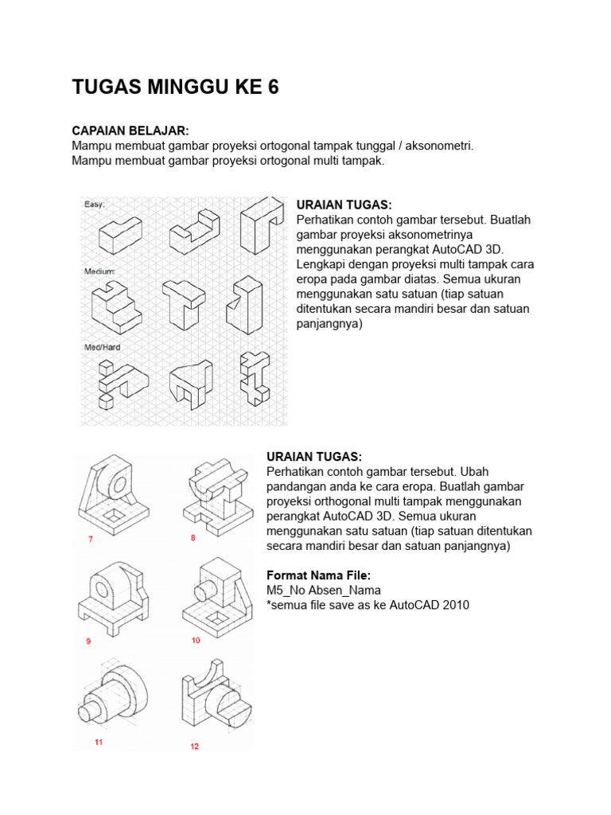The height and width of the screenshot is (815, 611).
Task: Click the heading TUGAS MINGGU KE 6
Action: [x=175, y=88]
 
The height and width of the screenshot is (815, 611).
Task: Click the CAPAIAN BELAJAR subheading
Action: [x=130, y=131]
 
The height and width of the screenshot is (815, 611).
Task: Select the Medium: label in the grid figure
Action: [x=100, y=271]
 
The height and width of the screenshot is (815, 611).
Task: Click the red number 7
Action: [x=91, y=540]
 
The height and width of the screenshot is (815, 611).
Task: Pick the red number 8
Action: [x=193, y=538]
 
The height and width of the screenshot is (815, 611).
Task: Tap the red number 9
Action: [x=88, y=641]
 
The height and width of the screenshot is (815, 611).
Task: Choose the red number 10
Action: [x=196, y=640]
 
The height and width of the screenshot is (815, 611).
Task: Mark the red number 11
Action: [x=99, y=742]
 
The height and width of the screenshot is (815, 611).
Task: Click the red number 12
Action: [x=195, y=746]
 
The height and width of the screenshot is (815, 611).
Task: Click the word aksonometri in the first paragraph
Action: [x=440, y=146]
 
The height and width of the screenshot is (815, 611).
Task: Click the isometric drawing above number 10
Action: [x=216, y=597]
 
